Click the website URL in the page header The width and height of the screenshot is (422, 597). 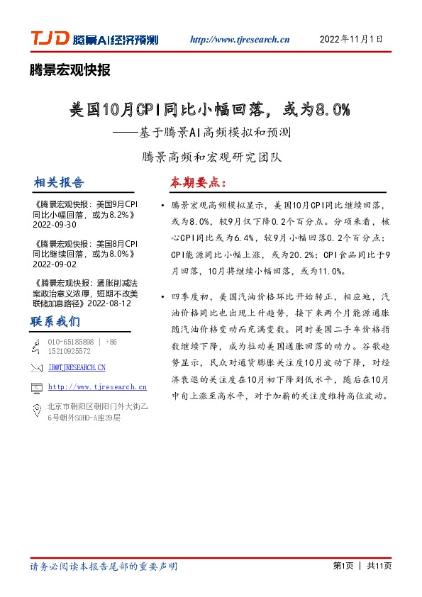pyautogui.click(x=240, y=40)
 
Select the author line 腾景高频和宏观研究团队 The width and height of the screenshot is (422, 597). pyautogui.click(x=211, y=156)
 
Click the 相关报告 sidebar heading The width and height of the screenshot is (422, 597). pyautogui.click(x=59, y=182)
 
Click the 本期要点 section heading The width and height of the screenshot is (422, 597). pyautogui.click(x=197, y=182)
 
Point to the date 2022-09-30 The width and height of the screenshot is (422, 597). pyautogui.click(x=55, y=224)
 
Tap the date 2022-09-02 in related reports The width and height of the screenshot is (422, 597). pyautogui.click(x=55, y=263)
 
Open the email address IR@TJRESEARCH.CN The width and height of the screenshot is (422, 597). pyautogui.click(x=77, y=367)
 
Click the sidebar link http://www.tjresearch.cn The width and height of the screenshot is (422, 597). pyautogui.click(x=97, y=387)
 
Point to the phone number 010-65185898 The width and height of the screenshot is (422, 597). pyautogui.click(x=70, y=342)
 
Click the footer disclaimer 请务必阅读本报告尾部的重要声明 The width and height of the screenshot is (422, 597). pyautogui.click(x=104, y=567)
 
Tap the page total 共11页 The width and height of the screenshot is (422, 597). pyautogui.click(x=378, y=567)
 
